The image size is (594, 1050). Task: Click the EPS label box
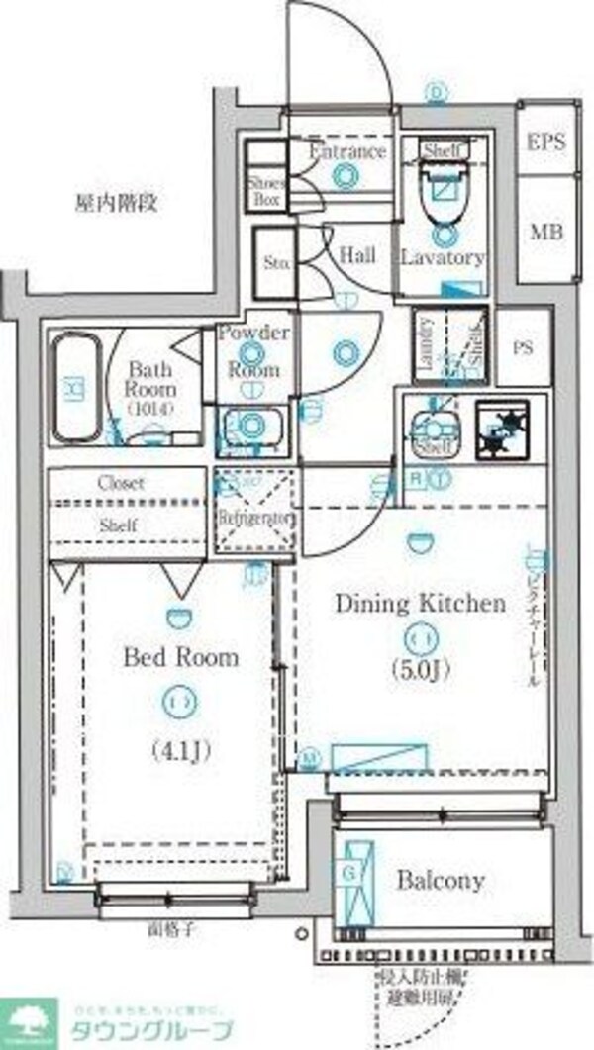click(545, 141)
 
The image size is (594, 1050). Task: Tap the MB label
click(545, 233)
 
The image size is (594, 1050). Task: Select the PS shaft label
click(523, 347)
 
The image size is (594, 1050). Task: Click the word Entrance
click(346, 151)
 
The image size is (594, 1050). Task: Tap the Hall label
click(357, 255)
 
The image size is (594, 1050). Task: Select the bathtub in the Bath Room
click(75, 389)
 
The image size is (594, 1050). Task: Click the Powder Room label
click(253, 350)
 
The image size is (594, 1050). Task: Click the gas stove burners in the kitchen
click(504, 430)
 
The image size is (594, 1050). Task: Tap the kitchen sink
click(433, 429)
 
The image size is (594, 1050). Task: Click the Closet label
click(121, 483)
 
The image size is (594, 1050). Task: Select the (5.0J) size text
click(419, 671)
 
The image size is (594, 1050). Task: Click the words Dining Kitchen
click(419, 603)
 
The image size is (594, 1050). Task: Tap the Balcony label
click(441, 880)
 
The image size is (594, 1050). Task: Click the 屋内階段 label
click(117, 204)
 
